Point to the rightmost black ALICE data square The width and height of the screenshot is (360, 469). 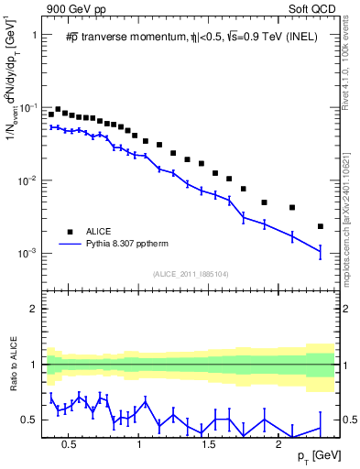[x=320, y=226]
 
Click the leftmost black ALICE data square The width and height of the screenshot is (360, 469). [x=51, y=115]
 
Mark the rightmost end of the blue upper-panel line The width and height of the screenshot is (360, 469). [x=321, y=250]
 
